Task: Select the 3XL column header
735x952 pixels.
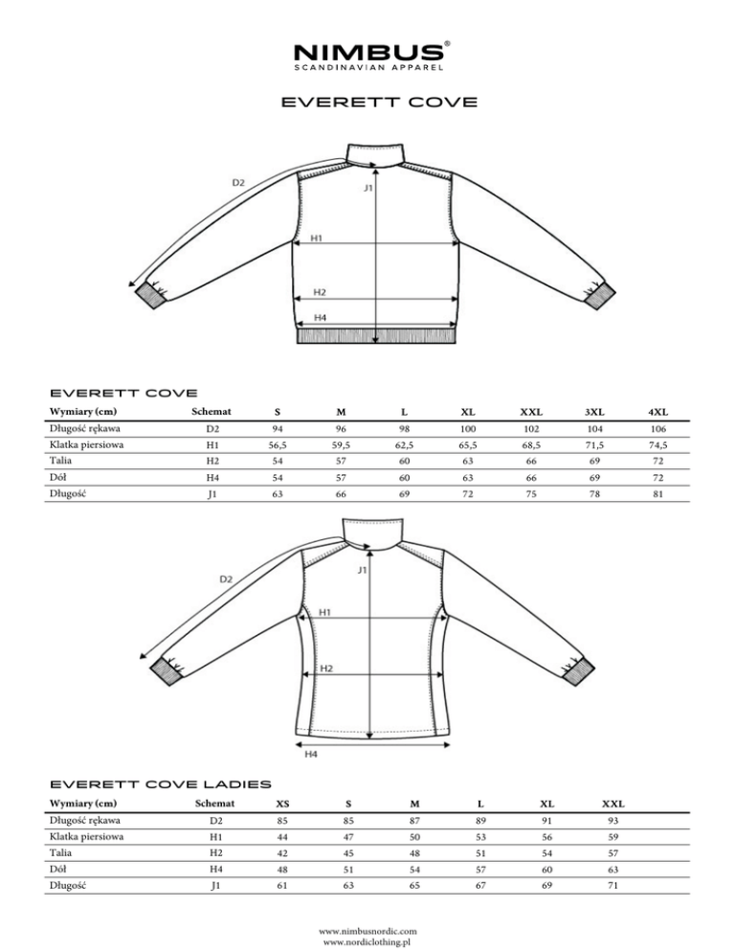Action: (593, 412)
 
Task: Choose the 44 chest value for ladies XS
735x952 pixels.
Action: (284, 837)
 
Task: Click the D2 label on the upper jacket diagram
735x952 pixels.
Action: (238, 182)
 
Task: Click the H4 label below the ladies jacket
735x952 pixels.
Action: (312, 755)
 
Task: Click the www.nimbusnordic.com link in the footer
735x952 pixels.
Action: (367, 931)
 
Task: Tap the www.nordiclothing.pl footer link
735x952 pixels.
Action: (367, 942)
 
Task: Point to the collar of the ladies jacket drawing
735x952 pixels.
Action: (374, 532)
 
